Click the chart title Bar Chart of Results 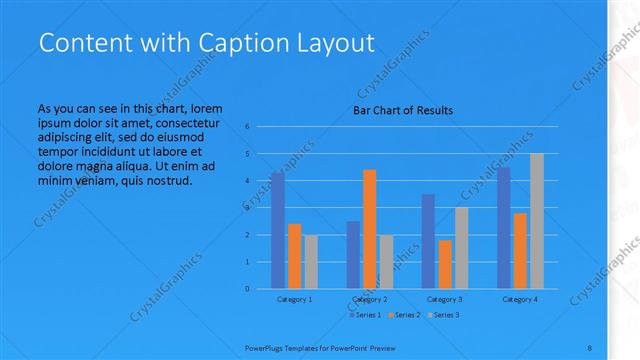402,110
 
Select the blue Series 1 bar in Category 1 277,230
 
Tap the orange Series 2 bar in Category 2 369,229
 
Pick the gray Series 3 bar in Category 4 537,221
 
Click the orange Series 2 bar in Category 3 445,264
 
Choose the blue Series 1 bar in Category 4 503,227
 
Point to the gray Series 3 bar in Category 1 311,261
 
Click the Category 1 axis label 294,299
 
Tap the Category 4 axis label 520,299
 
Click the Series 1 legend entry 365,315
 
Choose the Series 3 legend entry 444,315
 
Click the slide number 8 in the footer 591,346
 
